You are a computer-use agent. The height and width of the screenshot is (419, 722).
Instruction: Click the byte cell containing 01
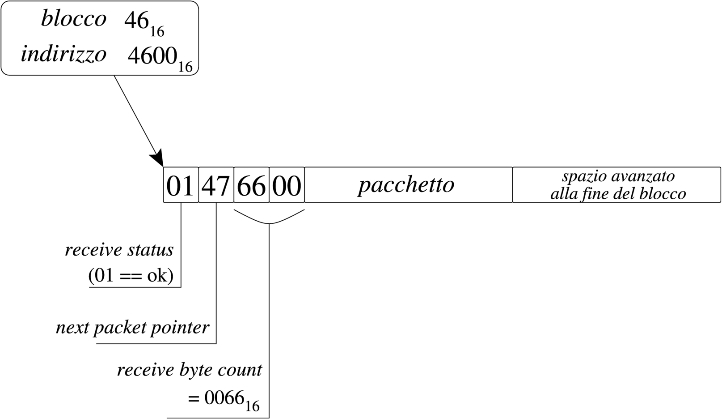(x=181, y=185)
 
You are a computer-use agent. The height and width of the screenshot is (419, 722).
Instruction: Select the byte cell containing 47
(x=216, y=185)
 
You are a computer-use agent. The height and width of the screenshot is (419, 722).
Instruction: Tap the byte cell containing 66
(x=251, y=185)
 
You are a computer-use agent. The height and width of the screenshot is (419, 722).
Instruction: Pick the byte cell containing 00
(x=287, y=185)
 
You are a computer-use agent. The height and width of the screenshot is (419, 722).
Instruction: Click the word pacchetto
(x=406, y=184)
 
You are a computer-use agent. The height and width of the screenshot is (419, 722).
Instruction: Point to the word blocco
(x=74, y=19)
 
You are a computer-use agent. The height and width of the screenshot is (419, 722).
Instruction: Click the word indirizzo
(x=63, y=54)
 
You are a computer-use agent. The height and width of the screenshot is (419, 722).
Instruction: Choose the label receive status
(x=119, y=250)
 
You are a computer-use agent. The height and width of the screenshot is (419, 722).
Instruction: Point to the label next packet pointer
(x=132, y=328)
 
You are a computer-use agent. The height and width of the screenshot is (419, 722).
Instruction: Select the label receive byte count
(x=190, y=370)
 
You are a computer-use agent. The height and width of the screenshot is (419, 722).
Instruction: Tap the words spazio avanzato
(x=618, y=176)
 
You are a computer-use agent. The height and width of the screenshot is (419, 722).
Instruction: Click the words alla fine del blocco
(x=618, y=194)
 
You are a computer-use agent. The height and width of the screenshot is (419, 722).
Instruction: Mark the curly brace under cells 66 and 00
(x=269, y=217)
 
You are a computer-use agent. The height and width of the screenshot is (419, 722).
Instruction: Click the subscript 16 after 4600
(x=185, y=67)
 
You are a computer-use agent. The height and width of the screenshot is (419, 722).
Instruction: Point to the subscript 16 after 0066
(x=252, y=406)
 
